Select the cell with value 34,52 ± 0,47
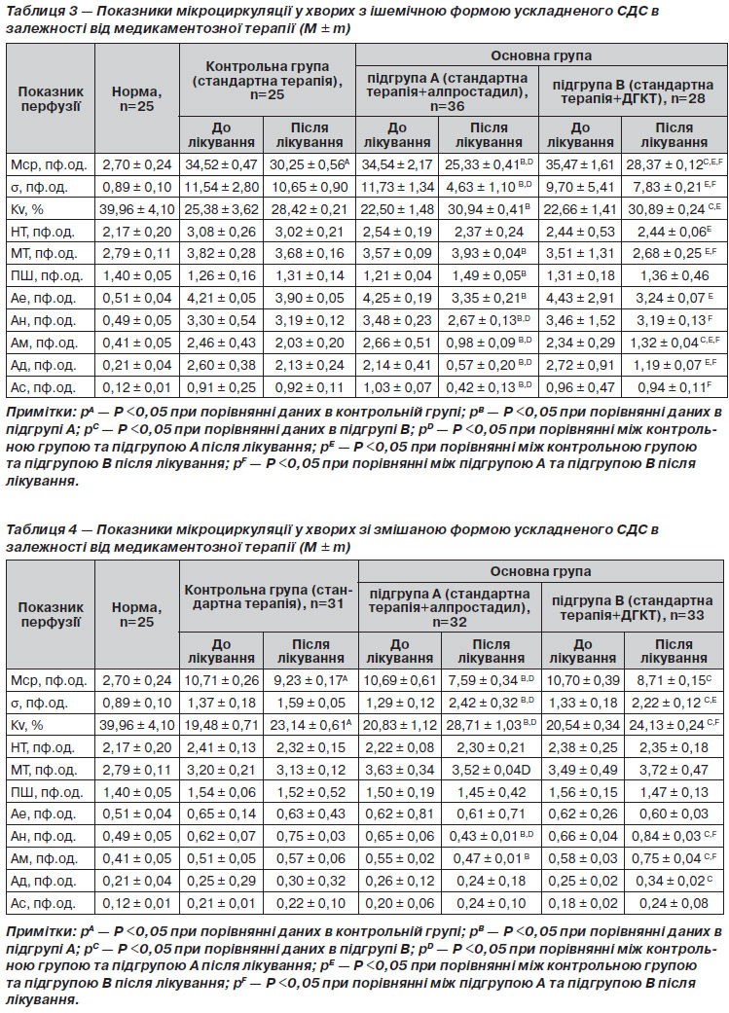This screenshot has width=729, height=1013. click(222, 164)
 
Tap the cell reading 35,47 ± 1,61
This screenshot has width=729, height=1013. click(580, 164)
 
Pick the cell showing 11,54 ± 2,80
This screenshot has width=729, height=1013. click(222, 188)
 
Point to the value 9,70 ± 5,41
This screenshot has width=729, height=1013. click(580, 188)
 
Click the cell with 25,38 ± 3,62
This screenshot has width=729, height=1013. click(222, 209)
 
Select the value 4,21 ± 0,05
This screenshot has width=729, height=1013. click(222, 298)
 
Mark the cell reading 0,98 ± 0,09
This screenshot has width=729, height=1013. click(489, 343)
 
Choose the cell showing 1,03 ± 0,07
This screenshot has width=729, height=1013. click(397, 387)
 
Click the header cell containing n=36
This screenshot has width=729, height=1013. click(447, 91)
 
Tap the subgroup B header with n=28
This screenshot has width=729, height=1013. click(633, 91)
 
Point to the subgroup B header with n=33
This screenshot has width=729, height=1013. click(632, 607)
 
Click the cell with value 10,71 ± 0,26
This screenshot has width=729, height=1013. click(222, 680)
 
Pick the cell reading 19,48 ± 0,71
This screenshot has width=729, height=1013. click(222, 725)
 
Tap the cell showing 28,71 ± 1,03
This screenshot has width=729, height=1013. click(492, 725)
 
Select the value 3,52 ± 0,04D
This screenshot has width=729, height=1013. click(492, 770)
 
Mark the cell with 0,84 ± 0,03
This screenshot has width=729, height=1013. click(674, 836)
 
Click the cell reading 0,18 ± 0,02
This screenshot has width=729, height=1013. click(583, 903)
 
